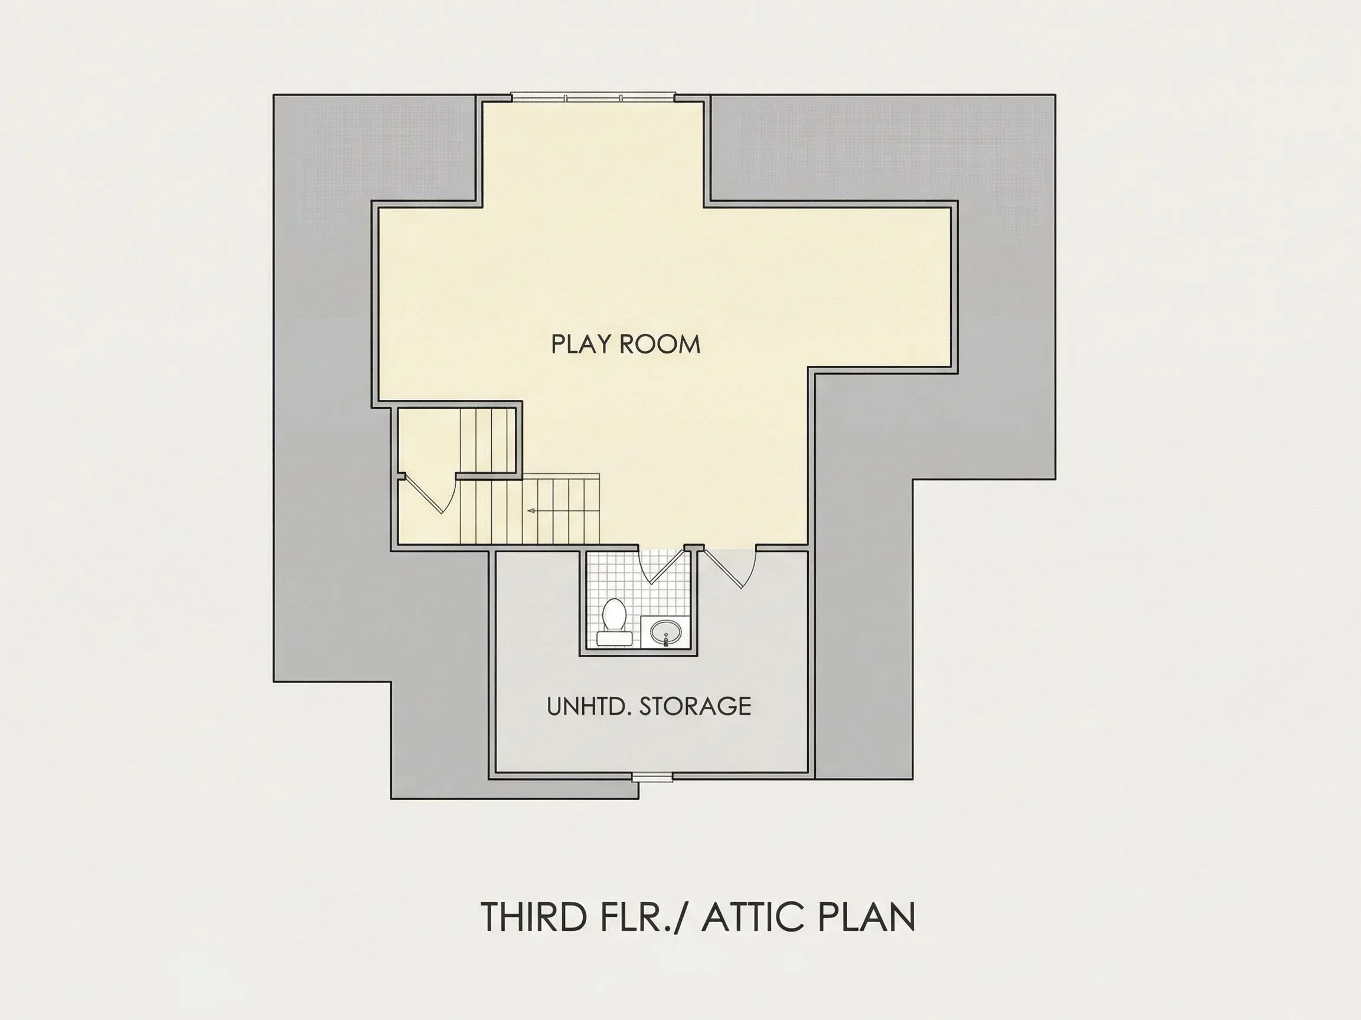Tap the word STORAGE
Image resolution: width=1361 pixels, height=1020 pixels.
click(x=696, y=706)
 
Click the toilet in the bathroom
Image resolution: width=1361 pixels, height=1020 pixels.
click(x=614, y=622)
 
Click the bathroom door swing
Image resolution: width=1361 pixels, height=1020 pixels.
click(x=662, y=566)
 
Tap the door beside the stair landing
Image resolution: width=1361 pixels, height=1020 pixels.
click(x=430, y=496)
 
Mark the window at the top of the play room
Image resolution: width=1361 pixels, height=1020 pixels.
click(x=593, y=97)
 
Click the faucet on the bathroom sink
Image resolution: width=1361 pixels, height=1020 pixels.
click(x=665, y=642)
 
